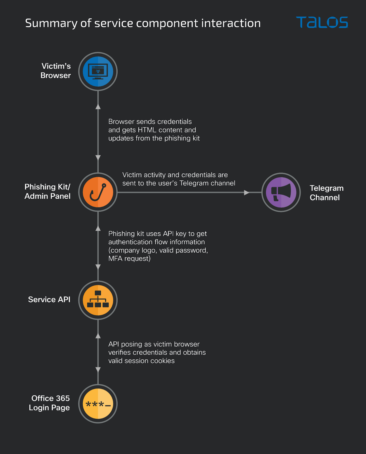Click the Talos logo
[x=322, y=22]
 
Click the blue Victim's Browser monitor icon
[x=98, y=72]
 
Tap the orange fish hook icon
[x=98, y=192]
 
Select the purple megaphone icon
[x=281, y=192]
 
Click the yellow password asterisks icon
[x=98, y=403]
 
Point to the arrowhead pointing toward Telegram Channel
[x=246, y=192]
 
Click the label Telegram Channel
[x=327, y=193]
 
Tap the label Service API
[x=49, y=299]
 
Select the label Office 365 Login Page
[x=49, y=403]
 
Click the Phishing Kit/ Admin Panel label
[x=47, y=191]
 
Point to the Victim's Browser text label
[x=56, y=71]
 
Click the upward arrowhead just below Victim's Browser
[x=98, y=107]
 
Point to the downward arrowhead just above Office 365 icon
[x=98, y=370]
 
